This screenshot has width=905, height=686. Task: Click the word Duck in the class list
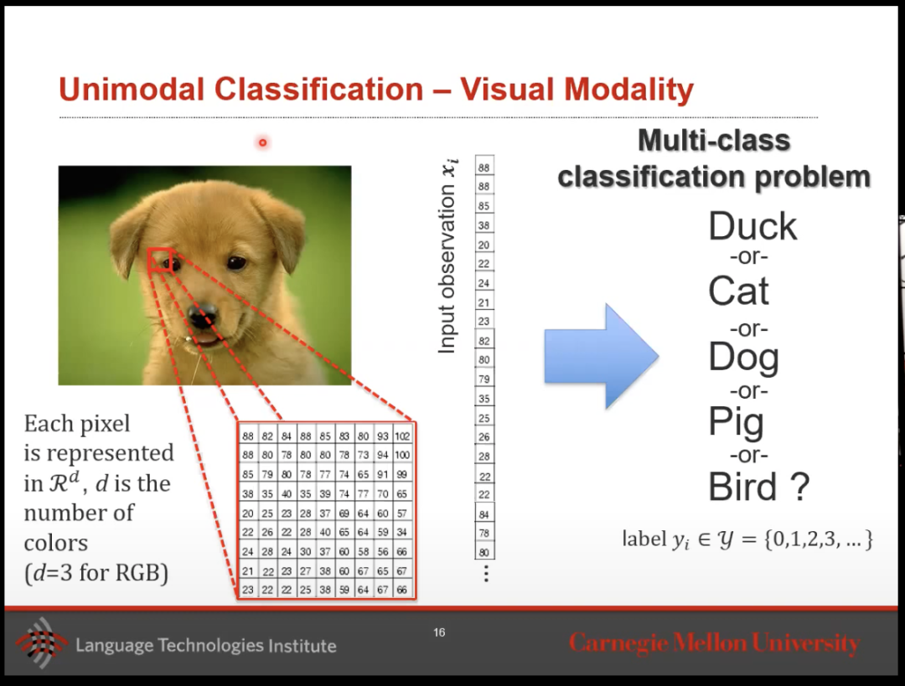752,226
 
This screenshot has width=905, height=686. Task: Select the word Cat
738,291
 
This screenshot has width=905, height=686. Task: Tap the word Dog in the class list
743,358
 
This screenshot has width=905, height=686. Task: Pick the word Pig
736,423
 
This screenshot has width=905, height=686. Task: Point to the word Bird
742,487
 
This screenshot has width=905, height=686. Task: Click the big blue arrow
602,357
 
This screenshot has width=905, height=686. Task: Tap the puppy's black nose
203,315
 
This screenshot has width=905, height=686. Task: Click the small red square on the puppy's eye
160,260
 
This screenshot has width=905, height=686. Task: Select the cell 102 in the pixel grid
402,436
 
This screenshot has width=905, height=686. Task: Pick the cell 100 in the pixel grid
402,455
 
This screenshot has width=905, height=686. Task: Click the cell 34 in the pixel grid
402,532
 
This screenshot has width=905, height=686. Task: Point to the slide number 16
439,632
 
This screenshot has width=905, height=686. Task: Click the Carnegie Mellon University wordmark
715,643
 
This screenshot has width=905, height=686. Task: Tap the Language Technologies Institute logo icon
41,642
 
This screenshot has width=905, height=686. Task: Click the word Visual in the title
506,90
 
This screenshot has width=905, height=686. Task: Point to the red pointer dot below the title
262,142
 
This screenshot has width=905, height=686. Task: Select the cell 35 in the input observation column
484,399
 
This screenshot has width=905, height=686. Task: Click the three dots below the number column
486,574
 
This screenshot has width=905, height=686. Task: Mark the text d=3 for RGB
96,573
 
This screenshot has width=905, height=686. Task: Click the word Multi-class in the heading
714,140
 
